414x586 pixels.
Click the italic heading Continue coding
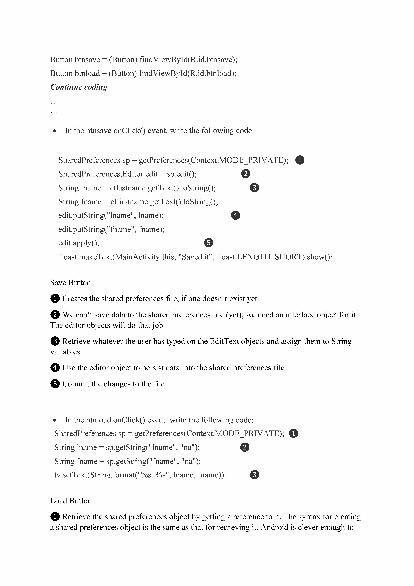point(79,87)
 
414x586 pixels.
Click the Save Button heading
point(70,283)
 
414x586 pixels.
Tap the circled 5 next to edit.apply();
point(209,242)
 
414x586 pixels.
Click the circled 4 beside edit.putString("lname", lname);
point(235,215)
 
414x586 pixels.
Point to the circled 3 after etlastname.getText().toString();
point(254,188)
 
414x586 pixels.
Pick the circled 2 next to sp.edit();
point(246,174)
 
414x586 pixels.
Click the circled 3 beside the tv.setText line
point(254,475)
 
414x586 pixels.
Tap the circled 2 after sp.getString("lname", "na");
point(245,447)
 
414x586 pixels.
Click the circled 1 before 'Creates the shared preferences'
point(55,298)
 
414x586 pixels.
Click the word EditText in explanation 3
point(224,341)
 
